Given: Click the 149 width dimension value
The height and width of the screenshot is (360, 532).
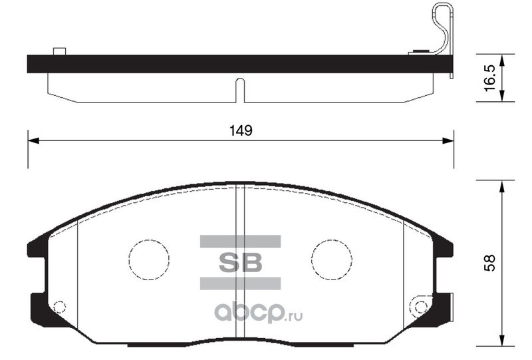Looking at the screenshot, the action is [x=241, y=130].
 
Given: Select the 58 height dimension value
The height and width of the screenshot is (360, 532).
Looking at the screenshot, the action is [x=489, y=263].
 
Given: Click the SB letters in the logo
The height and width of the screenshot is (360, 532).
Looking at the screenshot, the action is [x=241, y=262].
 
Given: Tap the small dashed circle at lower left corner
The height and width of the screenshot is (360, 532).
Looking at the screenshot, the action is [x=60, y=307].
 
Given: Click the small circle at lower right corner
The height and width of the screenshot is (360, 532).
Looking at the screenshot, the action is [x=421, y=307].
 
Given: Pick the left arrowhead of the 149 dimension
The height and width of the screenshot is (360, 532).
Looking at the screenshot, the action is [x=33, y=140].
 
